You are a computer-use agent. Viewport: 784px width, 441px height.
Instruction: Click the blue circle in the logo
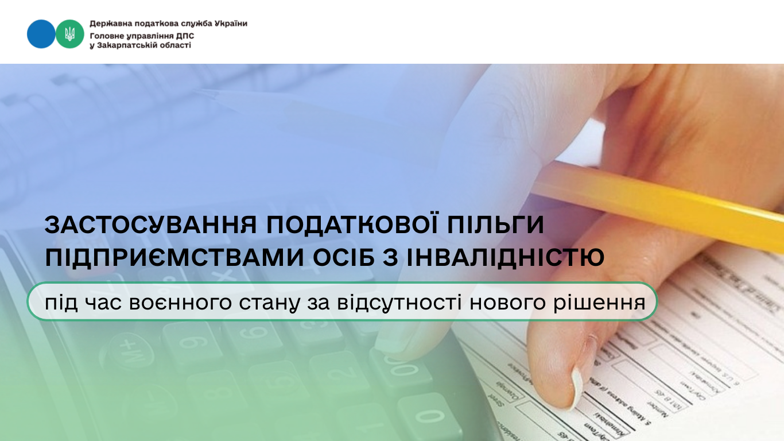pyautogui.click(x=41, y=34)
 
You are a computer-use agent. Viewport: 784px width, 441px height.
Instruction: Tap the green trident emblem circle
pyautogui.click(x=70, y=34)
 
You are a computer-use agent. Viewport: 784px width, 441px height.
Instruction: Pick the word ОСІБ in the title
pyautogui.click(x=347, y=258)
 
